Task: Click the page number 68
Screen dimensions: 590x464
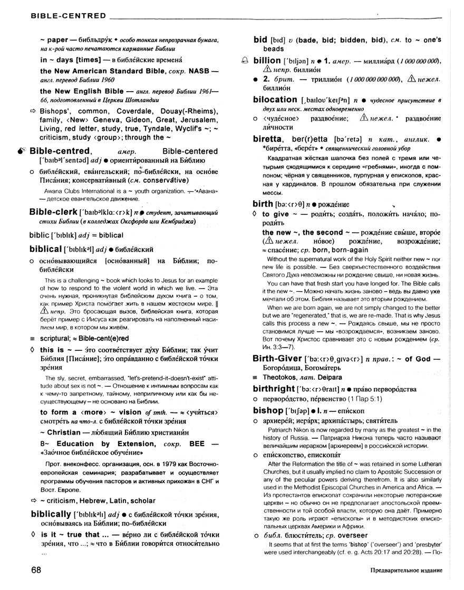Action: (x=36, y=570)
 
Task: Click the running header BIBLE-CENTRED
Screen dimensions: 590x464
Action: (x=61, y=16)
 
